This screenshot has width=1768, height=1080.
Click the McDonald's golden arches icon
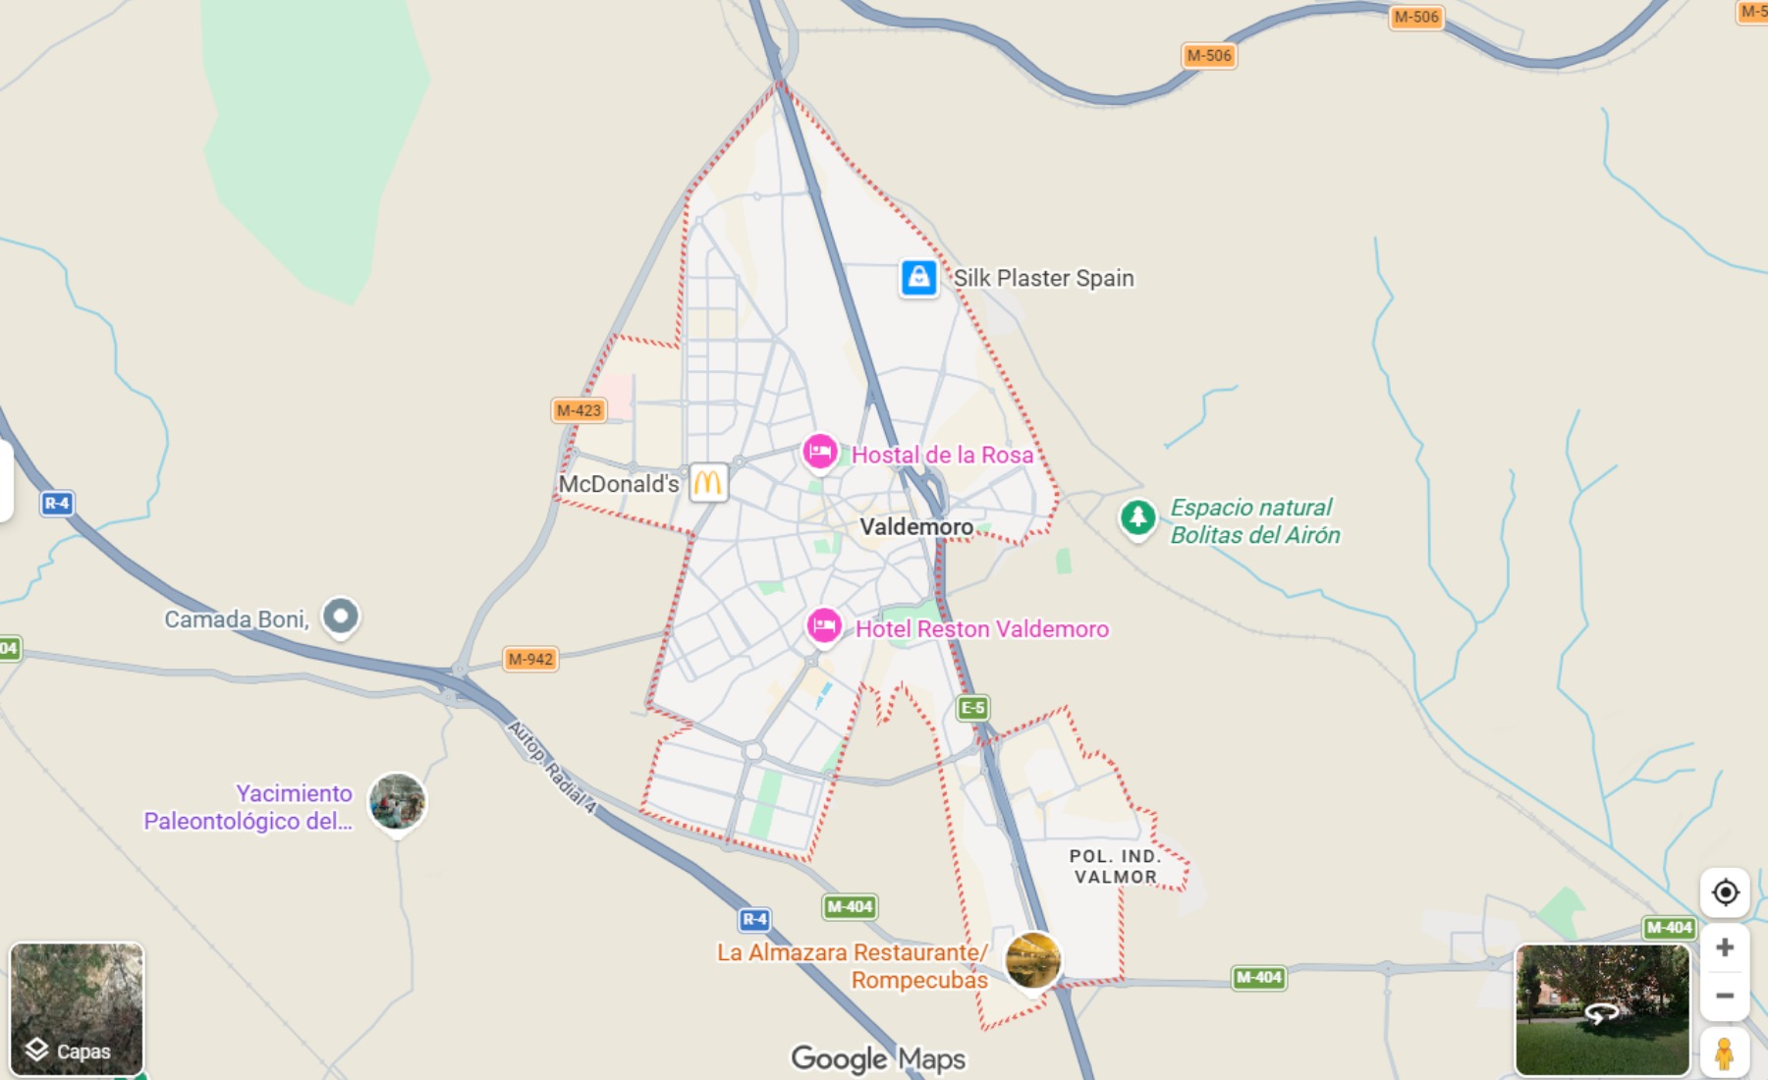tap(708, 483)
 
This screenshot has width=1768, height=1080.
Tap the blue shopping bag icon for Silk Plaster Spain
tap(919, 278)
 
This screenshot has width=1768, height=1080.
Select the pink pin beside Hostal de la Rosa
tap(820, 453)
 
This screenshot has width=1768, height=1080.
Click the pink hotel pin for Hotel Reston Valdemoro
tap(824, 626)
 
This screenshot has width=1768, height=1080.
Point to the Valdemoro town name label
tap(916, 527)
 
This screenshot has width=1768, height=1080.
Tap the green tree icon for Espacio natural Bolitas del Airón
tap(1137, 517)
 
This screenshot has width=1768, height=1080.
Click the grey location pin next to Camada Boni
tap(341, 617)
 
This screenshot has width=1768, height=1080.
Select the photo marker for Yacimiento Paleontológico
tap(397, 801)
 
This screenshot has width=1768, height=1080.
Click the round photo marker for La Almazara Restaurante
tap(1032, 959)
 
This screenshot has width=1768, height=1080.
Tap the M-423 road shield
tap(579, 410)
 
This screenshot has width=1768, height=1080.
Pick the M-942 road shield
tap(530, 659)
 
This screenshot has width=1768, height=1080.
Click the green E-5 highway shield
tap(972, 708)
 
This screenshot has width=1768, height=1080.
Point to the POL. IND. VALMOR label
tap(1115, 867)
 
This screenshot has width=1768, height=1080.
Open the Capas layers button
tap(77, 1008)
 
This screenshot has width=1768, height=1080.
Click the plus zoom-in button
tap(1725, 947)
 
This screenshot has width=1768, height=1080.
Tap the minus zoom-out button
tap(1725, 996)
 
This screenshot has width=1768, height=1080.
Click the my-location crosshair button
tap(1725, 892)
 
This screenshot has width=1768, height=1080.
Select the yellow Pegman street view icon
tap(1724, 1053)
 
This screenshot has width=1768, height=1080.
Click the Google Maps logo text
tap(878, 1058)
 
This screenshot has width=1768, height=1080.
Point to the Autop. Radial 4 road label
tap(552, 767)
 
